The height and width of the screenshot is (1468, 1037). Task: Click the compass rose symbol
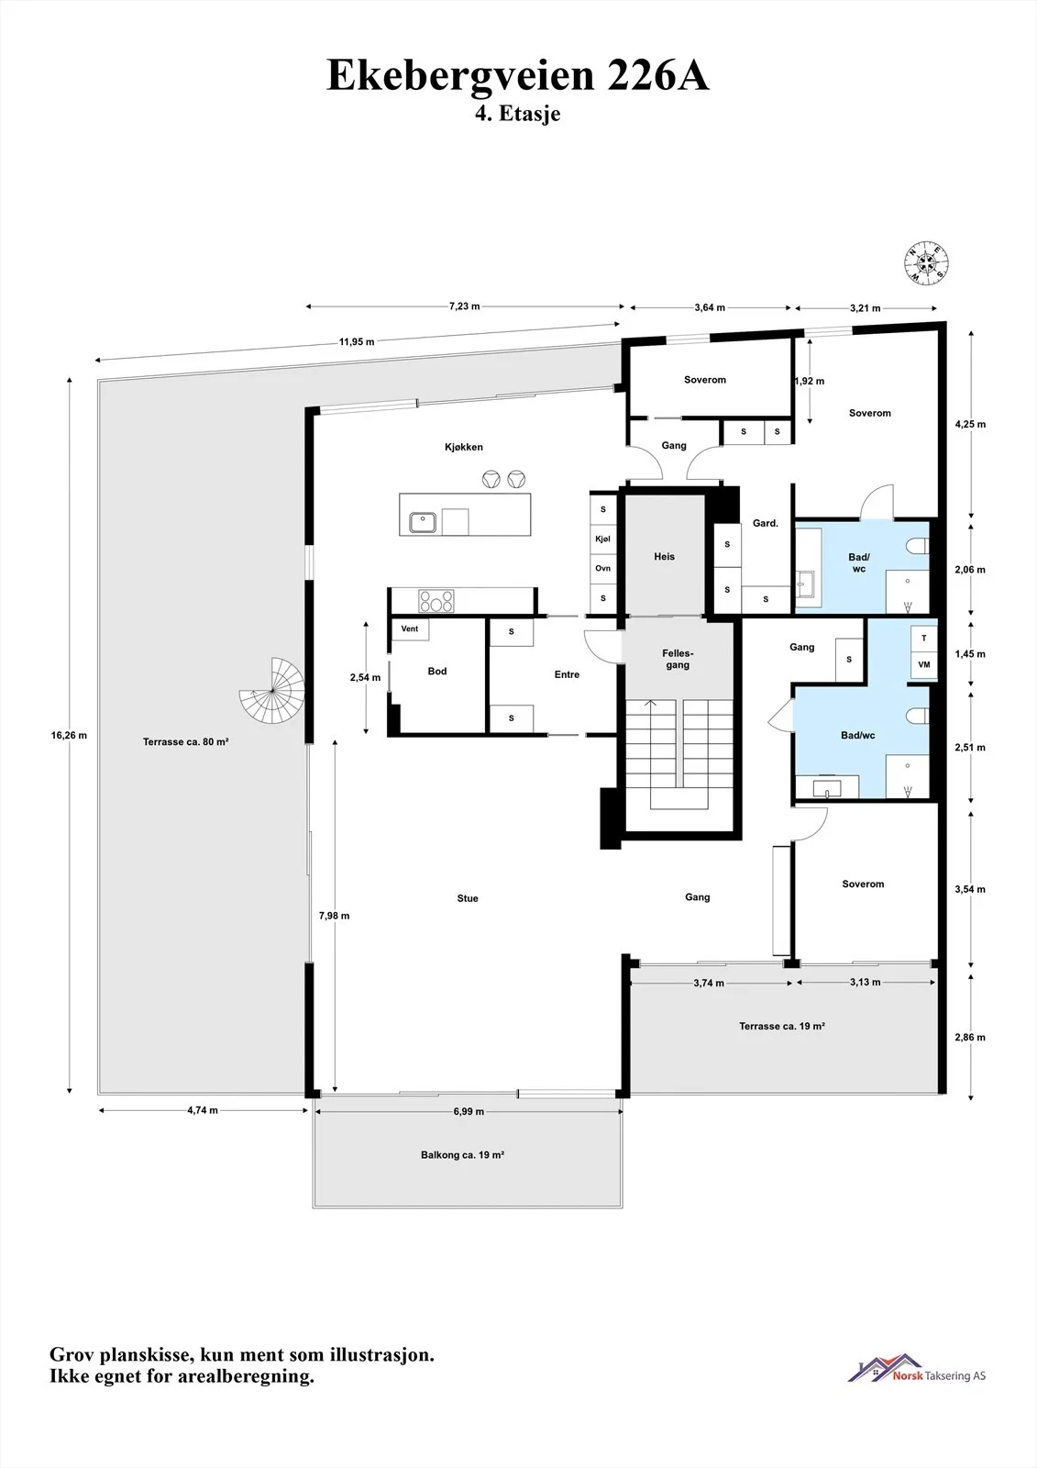(x=927, y=262)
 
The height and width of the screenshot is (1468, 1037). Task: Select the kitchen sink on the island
(x=424, y=522)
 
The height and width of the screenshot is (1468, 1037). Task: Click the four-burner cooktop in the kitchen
(x=436, y=601)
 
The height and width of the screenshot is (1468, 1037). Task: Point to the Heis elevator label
(x=664, y=556)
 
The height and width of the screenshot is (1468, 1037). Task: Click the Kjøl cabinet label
(x=602, y=539)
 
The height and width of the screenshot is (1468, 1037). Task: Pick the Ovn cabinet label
(x=602, y=568)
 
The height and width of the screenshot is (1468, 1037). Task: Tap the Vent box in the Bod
(x=410, y=629)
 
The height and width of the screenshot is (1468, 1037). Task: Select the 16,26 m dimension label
(x=69, y=735)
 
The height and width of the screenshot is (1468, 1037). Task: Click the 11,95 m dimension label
(x=357, y=341)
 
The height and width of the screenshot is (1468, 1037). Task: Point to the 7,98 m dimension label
(x=334, y=916)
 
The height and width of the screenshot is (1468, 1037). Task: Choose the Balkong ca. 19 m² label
(x=462, y=1155)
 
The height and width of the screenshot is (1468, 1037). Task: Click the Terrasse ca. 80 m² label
(x=186, y=742)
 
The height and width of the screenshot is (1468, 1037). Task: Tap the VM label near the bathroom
(x=923, y=664)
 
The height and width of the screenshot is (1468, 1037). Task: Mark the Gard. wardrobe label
(x=765, y=523)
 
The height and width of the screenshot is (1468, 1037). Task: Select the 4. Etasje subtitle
(x=517, y=113)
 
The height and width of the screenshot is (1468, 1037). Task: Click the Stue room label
(x=468, y=898)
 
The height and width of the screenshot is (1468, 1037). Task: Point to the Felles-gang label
(x=678, y=659)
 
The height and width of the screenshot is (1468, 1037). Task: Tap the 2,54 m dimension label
(x=365, y=678)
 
